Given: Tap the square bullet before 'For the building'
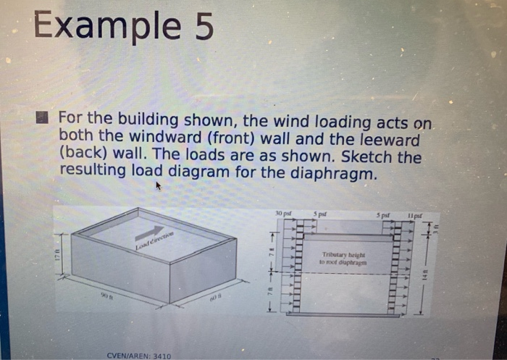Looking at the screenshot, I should coord(43,117).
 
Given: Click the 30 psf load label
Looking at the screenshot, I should coord(283,213).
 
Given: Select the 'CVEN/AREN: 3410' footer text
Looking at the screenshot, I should coord(139,355).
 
